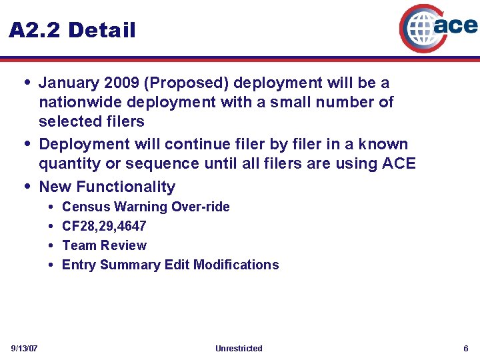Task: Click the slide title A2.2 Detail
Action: point(72,30)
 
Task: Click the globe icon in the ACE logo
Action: point(421,29)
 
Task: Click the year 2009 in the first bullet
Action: point(123,83)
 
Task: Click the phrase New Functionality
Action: point(107,187)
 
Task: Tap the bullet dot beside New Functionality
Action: point(27,186)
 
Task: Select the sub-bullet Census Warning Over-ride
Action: point(145,207)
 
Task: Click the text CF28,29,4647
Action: point(104,226)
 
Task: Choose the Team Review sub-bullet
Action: point(104,245)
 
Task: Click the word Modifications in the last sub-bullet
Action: point(236,265)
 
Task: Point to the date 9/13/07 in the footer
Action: point(24,349)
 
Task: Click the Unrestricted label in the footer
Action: point(239,349)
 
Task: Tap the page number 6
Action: point(466,349)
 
